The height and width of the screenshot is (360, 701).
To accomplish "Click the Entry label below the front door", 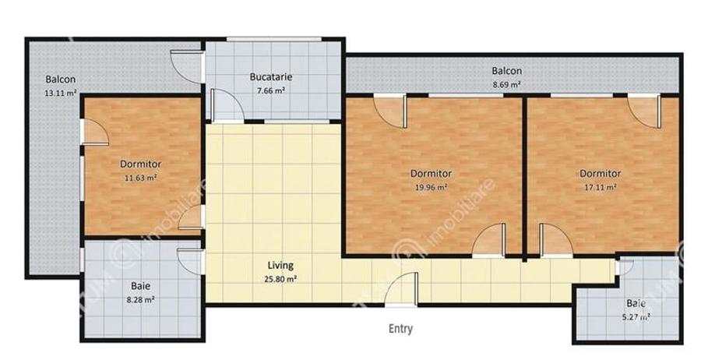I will point(400,329).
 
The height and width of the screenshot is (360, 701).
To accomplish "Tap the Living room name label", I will point(280,266).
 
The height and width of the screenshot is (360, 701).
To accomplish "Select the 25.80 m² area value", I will point(280,278).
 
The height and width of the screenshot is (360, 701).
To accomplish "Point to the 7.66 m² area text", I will point(270,90).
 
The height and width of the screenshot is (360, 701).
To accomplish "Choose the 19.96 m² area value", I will point(431,187).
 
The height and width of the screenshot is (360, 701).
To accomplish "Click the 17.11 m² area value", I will point(600,187).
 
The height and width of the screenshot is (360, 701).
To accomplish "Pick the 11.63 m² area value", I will point(140,178).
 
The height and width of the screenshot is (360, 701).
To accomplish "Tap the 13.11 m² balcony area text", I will point(60,93).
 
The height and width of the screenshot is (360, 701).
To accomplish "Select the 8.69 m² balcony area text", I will point(505,84).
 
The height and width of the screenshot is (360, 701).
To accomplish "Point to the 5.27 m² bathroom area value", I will point(635,316).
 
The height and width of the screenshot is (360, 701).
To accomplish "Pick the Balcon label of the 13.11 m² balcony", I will point(60,79).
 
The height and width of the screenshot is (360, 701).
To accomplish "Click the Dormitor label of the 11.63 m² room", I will point(140,164).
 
